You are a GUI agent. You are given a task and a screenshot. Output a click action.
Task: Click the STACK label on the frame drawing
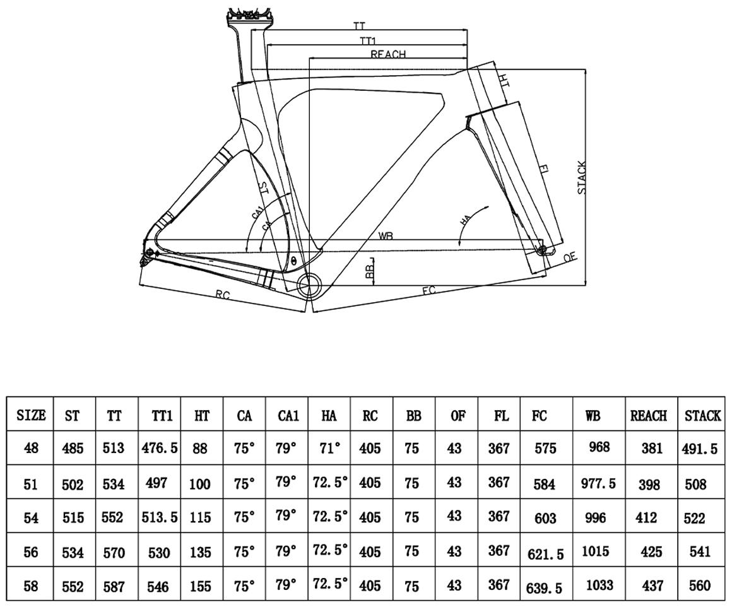[582, 178]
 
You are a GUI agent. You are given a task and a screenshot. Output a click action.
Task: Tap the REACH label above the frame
[388, 54]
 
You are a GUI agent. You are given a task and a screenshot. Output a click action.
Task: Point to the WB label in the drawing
[386, 236]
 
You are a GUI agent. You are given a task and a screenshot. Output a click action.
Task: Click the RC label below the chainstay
[223, 295]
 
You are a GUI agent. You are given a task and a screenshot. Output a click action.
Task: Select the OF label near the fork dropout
[570, 257]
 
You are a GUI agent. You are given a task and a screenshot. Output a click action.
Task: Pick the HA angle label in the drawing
[466, 220]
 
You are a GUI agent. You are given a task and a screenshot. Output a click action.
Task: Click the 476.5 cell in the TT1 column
[160, 448]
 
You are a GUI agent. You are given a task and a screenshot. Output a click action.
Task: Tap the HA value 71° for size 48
[329, 449]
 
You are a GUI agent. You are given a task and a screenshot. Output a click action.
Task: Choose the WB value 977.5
[598, 483]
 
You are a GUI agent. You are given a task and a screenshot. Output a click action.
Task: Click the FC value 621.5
[545, 554]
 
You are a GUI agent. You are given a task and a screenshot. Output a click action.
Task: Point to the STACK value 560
[699, 586]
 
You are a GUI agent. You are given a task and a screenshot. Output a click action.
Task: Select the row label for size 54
[31, 518]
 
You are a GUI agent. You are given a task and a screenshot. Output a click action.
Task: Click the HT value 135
[200, 553]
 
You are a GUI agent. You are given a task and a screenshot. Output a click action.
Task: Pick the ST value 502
[73, 485]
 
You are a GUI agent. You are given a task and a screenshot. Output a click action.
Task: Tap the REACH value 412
[646, 517]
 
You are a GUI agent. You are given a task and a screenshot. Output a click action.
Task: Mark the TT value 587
[113, 586]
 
